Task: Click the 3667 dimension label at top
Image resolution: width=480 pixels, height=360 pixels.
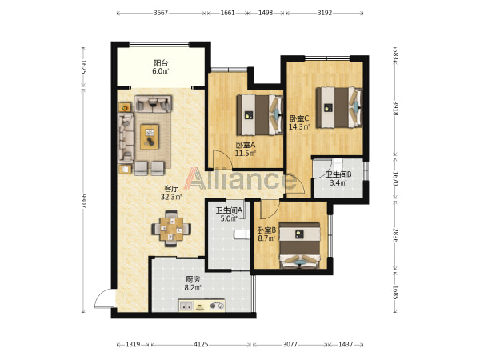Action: coord(161,13)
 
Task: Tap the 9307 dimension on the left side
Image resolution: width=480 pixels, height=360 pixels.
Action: coord(84,201)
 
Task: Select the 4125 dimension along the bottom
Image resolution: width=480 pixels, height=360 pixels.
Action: coord(201,345)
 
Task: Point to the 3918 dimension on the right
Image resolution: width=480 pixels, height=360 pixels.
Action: coord(395,108)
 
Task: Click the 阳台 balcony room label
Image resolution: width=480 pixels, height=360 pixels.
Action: coord(161,63)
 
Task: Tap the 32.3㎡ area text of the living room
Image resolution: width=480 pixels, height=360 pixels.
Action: coord(171,197)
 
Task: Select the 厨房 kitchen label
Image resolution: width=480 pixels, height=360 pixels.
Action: coord(193,279)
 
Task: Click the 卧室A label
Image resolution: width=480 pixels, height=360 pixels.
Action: coord(246,145)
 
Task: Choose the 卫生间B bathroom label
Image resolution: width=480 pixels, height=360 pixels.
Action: coord(338,174)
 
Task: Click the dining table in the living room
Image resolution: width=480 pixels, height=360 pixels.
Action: coord(171,229)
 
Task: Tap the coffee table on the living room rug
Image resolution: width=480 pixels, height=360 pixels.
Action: coord(150,137)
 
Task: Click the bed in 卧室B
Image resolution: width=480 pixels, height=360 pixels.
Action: coord(300,246)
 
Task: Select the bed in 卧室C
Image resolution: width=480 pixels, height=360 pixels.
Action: coord(339,107)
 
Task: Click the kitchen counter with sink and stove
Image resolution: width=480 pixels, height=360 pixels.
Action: coord(202,306)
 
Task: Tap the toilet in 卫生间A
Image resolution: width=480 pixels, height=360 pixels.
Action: coord(242,234)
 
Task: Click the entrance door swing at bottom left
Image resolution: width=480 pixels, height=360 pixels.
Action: coord(104,298)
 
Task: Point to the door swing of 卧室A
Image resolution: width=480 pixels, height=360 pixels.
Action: coord(222,159)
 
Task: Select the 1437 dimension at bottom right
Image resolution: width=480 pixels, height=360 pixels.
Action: coord(346,345)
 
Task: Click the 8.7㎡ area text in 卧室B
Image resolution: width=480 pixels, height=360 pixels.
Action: coord(266,238)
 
